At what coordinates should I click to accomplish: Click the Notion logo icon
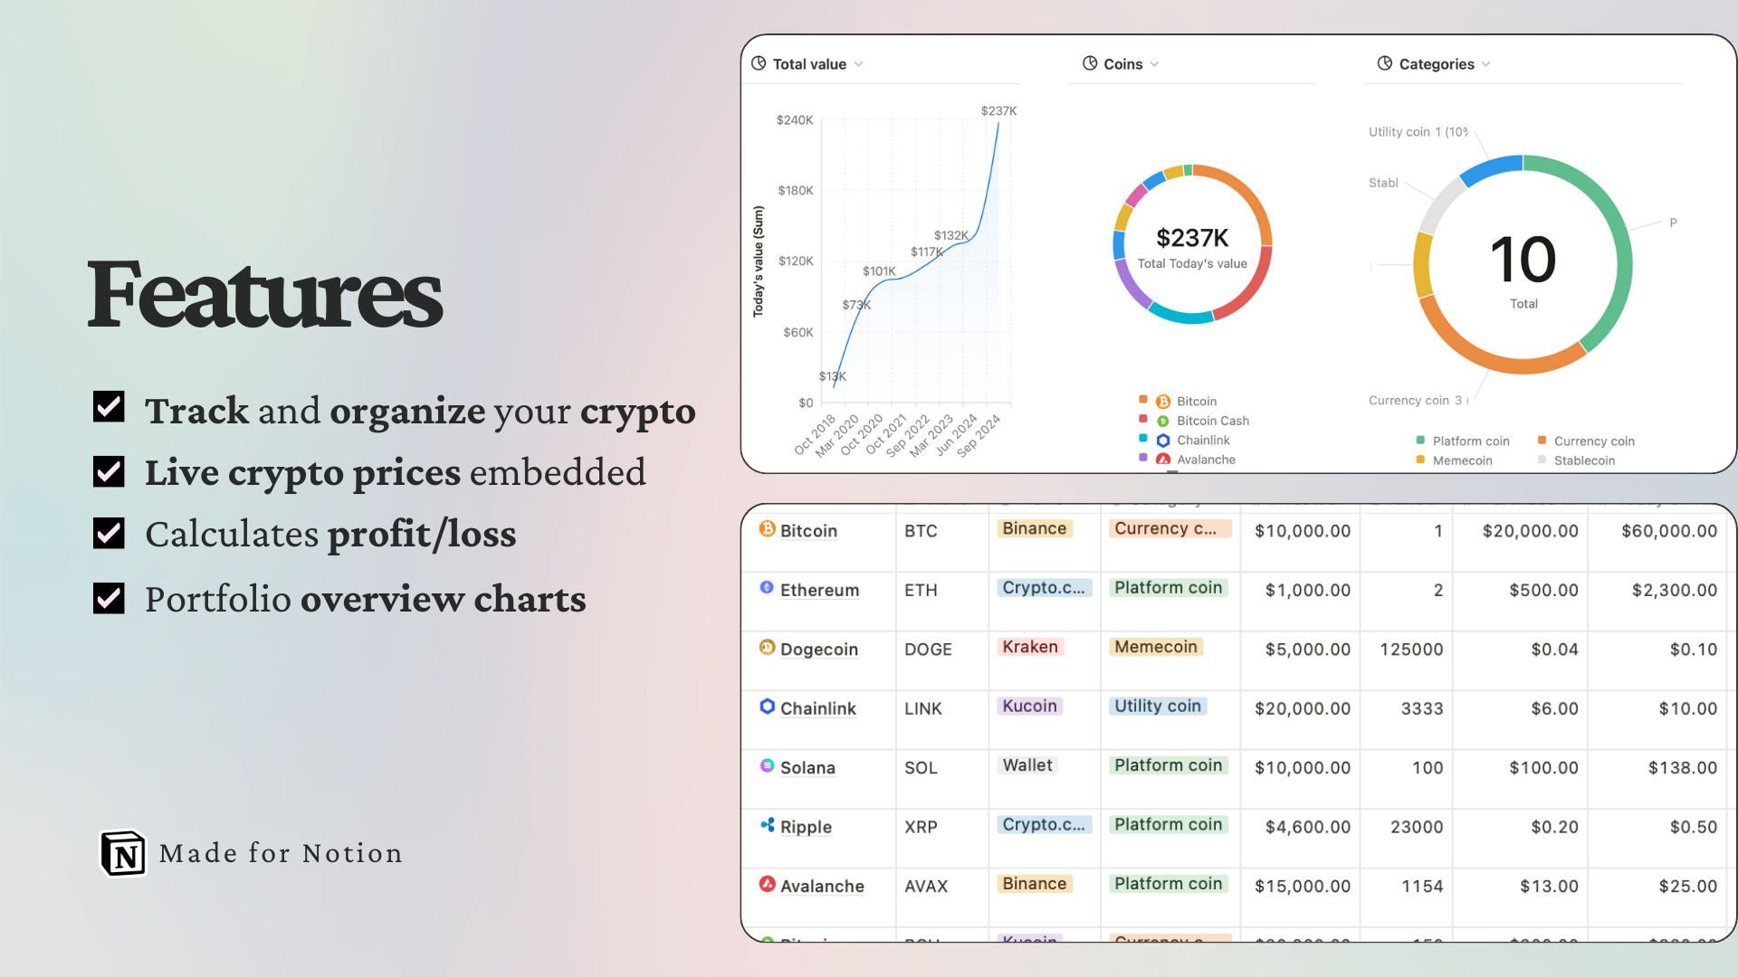(x=123, y=853)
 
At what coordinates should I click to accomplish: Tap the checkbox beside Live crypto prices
(x=109, y=471)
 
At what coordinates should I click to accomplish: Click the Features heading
(x=264, y=294)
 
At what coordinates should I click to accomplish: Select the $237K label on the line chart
(x=998, y=110)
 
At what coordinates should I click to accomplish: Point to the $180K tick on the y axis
(x=795, y=190)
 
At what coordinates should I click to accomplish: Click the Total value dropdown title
(x=808, y=64)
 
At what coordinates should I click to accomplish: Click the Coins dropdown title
(x=1122, y=64)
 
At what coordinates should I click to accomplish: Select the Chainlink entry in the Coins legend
(x=1202, y=441)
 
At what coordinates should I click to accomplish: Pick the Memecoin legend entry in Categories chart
(x=1461, y=460)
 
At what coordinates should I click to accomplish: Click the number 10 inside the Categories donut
(x=1523, y=260)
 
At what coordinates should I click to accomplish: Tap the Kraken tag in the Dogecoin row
(x=1029, y=647)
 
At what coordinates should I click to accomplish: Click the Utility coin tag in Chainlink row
(x=1157, y=706)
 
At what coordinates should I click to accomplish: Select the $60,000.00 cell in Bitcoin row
(x=1668, y=531)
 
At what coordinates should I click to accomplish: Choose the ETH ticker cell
(x=921, y=590)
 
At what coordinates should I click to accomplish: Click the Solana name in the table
(x=807, y=767)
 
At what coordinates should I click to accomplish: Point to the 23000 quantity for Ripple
(x=1416, y=827)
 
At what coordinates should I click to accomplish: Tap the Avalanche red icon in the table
(x=767, y=884)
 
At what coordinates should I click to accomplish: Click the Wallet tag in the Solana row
(x=1027, y=765)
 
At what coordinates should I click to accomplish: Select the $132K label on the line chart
(x=950, y=235)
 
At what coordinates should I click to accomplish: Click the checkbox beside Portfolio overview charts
(x=109, y=598)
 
